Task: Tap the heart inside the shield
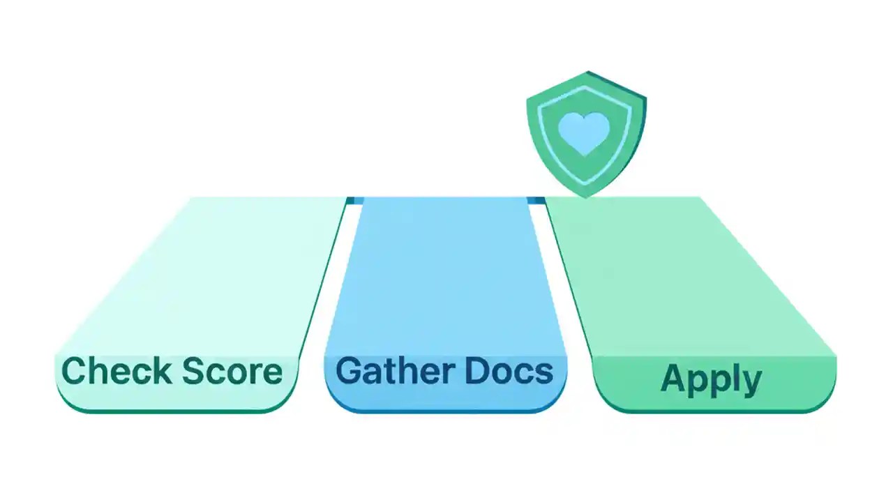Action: tap(585, 132)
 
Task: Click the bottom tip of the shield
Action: tap(586, 196)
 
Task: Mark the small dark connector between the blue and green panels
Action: tap(536, 201)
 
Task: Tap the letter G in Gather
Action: tap(350, 371)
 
